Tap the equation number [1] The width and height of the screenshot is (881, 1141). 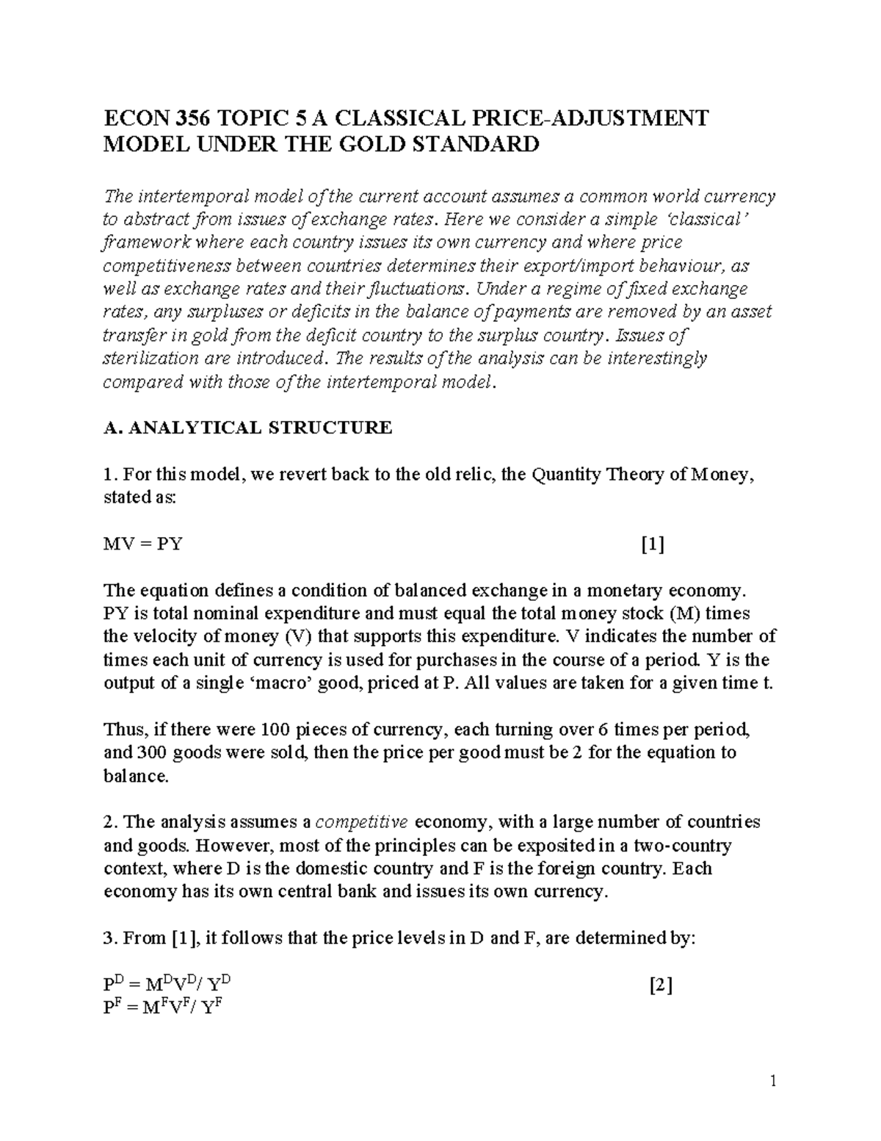tap(652, 544)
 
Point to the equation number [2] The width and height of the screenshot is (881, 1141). tap(661, 986)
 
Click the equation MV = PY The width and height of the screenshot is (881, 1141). tap(143, 544)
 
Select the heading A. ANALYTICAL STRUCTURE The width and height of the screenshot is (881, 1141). tap(248, 428)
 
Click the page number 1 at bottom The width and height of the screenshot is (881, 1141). tap(772, 1081)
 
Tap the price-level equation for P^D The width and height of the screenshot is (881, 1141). tap(170, 986)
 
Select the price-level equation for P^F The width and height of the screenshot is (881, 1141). tap(163, 1008)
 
